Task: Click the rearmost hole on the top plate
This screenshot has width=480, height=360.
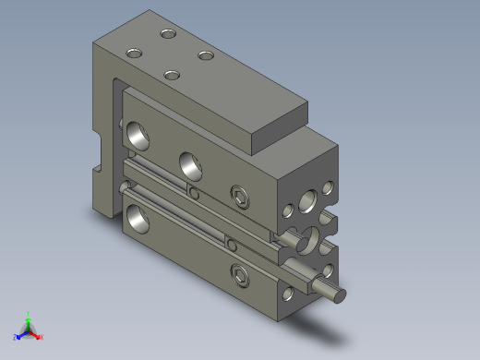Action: pyautogui.click(x=167, y=34)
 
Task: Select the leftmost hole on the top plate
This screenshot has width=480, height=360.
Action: pyautogui.click(x=134, y=52)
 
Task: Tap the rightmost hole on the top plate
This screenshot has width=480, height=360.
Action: pyautogui.click(x=205, y=55)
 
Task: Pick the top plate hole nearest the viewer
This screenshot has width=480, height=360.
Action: pyautogui.click(x=171, y=74)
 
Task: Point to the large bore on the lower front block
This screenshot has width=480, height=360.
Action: pyautogui.click(x=139, y=217)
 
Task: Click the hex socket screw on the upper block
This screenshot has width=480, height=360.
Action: pyautogui.click(x=240, y=195)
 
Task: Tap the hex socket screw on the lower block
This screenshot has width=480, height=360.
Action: pyautogui.click(x=240, y=275)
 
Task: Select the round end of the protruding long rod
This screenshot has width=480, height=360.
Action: pyautogui.click(x=339, y=295)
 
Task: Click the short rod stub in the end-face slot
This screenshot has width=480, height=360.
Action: pyautogui.click(x=302, y=242)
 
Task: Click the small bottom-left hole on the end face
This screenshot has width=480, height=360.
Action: pyautogui.click(x=288, y=294)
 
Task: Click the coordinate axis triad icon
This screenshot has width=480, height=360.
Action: pyautogui.click(x=29, y=328)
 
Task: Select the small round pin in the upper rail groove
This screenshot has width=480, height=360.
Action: pyautogui.click(x=194, y=192)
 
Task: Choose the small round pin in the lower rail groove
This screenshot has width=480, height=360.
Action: pyautogui.click(x=232, y=245)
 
